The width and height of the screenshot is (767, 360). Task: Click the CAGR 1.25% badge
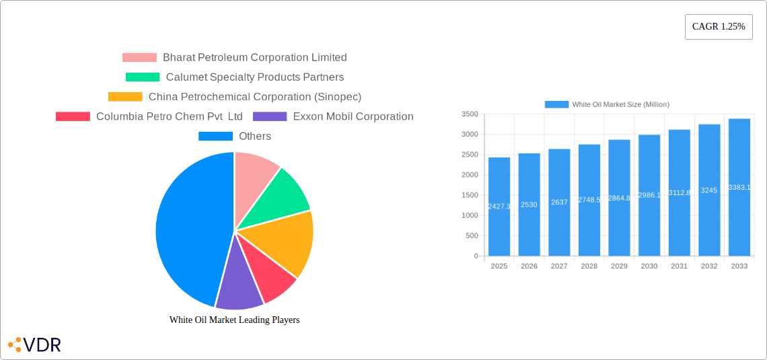click(x=719, y=27)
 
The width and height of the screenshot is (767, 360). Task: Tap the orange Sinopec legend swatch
click(x=125, y=97)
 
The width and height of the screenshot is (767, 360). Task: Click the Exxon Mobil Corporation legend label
click(x=353, y=116)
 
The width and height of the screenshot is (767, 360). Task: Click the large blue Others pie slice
click(x=188, y=229)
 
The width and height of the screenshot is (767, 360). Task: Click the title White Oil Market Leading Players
click(x=234, y=320)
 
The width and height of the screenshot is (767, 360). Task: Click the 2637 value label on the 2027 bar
click(x=559, y=203)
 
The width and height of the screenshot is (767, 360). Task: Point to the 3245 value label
click(x=709, y=190)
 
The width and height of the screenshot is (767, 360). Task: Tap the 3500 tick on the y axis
click(x=470, y=114)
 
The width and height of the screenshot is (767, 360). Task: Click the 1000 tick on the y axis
click(x=470, y=215)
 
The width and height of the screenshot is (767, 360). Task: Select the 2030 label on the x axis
click(x=649, y=266)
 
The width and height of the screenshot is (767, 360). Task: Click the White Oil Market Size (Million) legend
click(x=607, y=104)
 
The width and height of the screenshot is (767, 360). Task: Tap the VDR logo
click(x=35, y=345)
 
